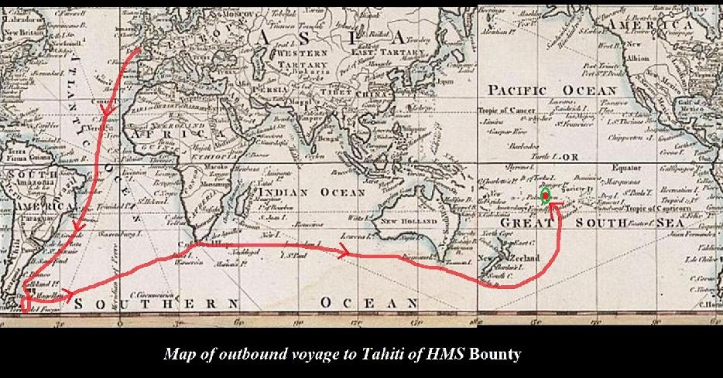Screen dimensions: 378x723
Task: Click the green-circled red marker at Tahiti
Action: [545, 196]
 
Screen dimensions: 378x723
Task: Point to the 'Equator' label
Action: [626, 167]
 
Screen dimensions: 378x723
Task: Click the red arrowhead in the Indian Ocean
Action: [341, 250]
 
